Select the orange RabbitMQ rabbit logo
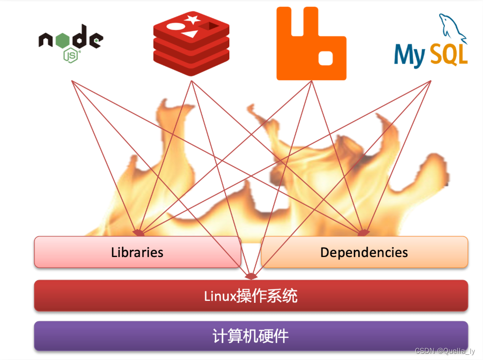click(x=311, y=44)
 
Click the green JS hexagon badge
click(x=71, y=55)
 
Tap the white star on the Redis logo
click(x=193, y=20)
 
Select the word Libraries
click(x=137, y=252)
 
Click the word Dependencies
click(x=364, y=252)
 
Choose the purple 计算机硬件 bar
click(x=251, y=336)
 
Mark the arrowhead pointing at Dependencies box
click(x=363, y=233)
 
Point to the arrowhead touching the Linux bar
click(x=251, y=276)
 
